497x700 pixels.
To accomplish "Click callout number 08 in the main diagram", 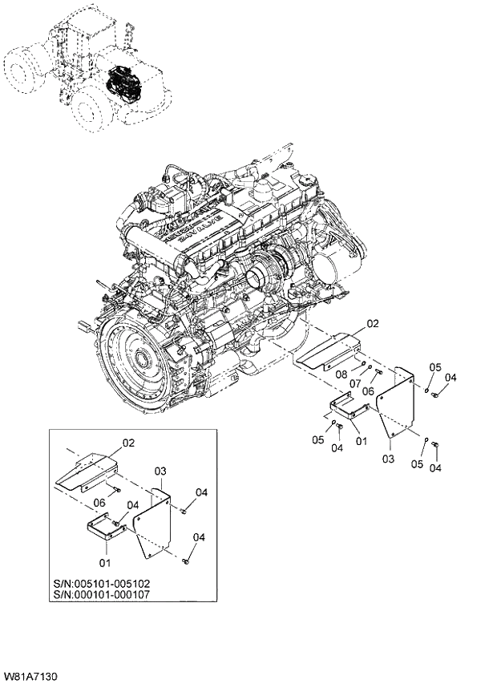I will [341, 374].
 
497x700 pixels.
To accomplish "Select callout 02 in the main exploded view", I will [371, 324].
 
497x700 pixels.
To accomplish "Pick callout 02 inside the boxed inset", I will [128, 442].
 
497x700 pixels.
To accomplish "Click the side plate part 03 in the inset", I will [152, 525].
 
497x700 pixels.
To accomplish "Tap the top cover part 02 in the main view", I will [327, 351].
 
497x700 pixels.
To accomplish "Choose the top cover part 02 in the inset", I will [87, 473].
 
